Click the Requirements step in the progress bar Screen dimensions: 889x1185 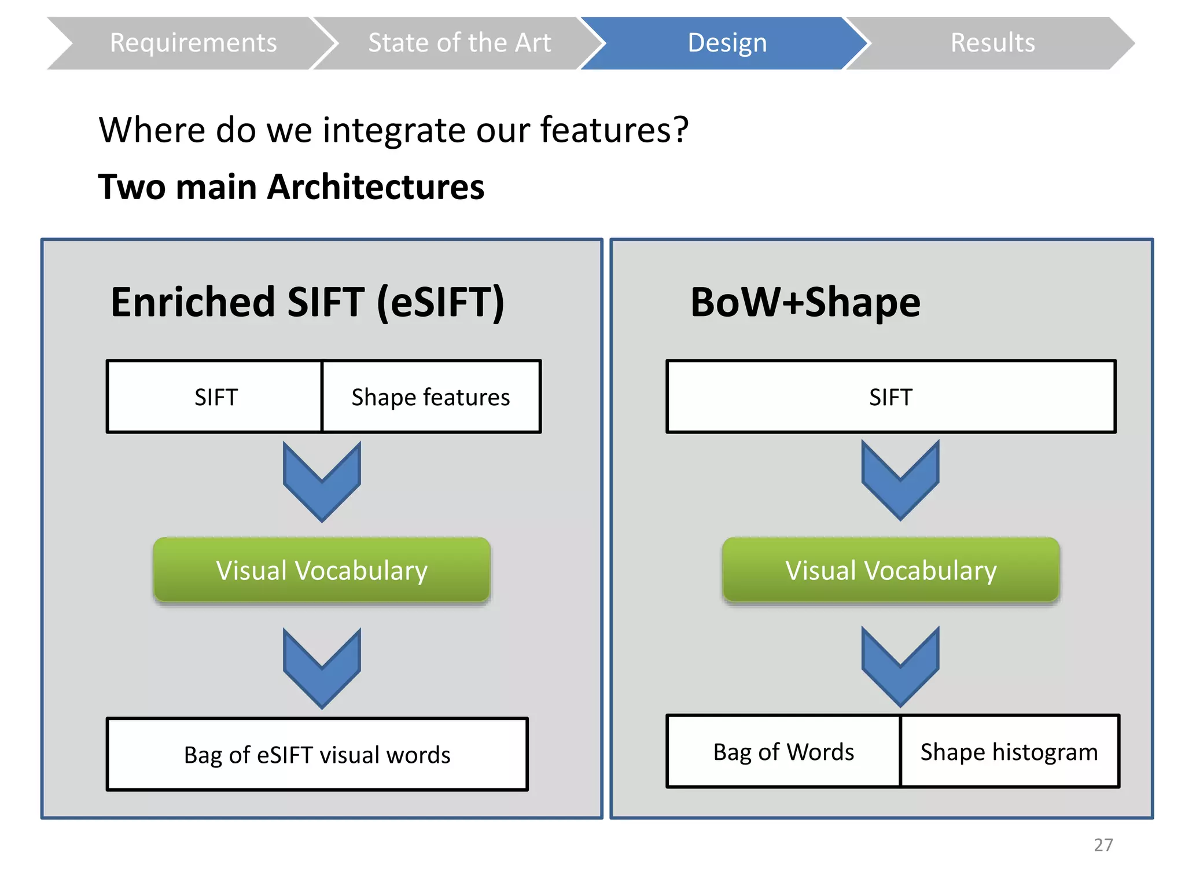(193, 43)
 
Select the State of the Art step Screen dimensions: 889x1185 (459, 43)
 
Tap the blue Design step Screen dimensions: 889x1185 (727, 43)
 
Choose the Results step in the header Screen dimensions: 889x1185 (992, 43)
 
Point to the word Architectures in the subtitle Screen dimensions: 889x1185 (376, 188)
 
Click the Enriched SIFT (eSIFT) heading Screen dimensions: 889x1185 (307, 302)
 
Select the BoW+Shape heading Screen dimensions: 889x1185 (805, 302)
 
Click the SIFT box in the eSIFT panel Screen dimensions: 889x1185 (215, 397)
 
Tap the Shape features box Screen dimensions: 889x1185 (430, 397)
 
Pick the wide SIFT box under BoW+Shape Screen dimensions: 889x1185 (890, 397)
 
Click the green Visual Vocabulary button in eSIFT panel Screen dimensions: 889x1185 (322, 570)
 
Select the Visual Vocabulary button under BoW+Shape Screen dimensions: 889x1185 (890, 570)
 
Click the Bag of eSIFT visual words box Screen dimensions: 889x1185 (317, 755)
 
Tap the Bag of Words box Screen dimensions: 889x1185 (783, 752)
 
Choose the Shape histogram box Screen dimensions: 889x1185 (1009, 752)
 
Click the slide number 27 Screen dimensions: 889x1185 (1103, 844)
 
